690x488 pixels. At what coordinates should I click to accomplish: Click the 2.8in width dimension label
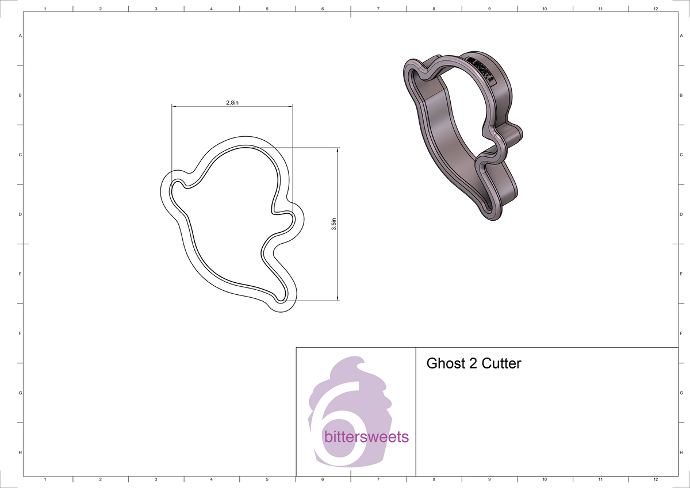232,102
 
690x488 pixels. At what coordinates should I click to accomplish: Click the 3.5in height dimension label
333,224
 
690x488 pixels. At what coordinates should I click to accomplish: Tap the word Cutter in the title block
501,363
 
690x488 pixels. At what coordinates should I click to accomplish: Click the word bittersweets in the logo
366,437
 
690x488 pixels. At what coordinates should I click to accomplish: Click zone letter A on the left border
21,36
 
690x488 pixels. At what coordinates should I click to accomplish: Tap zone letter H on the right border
681,453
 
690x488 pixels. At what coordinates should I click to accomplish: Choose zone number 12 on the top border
655,9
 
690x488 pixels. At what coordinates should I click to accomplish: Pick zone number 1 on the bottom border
45,479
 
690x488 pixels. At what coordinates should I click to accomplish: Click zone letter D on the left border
21,214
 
